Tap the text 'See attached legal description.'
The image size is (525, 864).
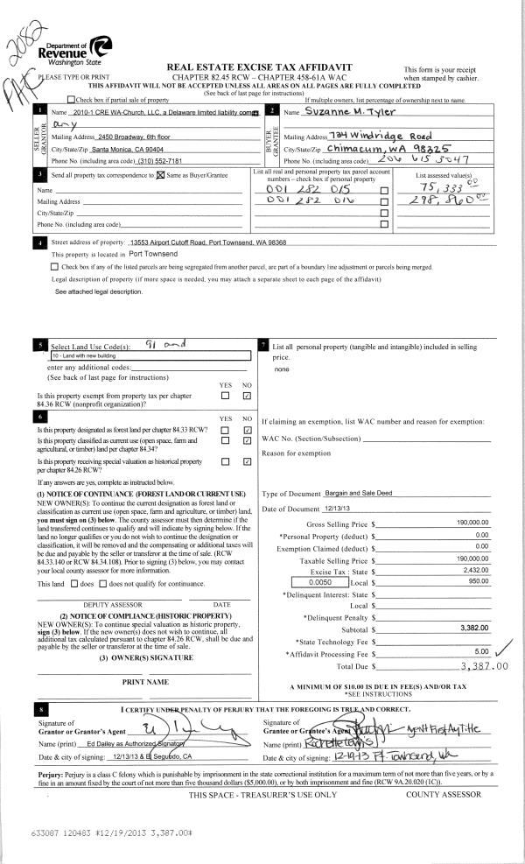(98, 291)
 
